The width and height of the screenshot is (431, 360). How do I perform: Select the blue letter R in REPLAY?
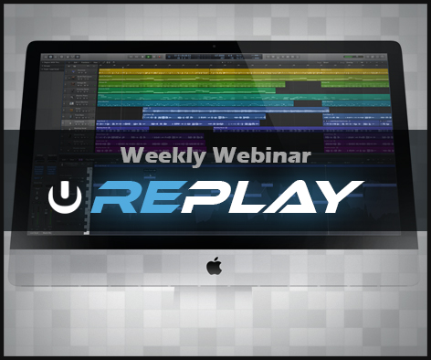click(x=117, y=196)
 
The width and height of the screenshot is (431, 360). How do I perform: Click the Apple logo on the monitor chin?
click(x=214, y=267)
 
